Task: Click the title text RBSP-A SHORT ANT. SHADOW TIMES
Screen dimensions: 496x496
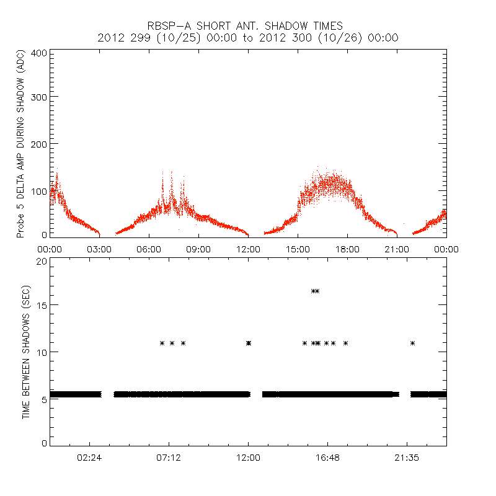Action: click(x=245, y=26)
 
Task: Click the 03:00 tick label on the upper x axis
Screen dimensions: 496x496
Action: click(x=99, y=249)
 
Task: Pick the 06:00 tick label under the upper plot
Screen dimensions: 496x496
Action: click(x=149, y=249)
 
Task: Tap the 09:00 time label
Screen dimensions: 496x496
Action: click(x=198, y=249)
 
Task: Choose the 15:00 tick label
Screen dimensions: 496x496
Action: click(x=298, y=249)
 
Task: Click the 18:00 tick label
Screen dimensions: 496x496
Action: click(x=347, y=249)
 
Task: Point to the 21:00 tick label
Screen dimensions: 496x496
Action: click(x=397, y=249)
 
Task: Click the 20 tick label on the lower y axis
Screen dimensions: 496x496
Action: click(x=42, y=261)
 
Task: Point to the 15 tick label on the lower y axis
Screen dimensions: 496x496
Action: click(x=42, y=305)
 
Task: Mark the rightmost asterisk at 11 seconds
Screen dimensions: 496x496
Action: click(x=412, y=343)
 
